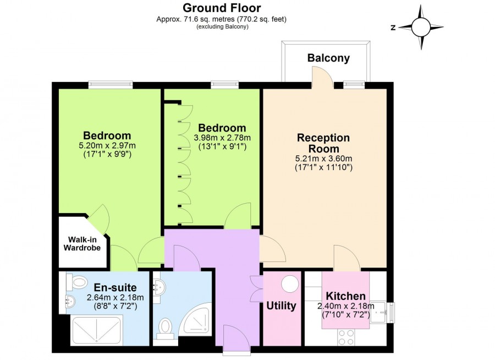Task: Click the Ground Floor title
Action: click(x=222, y=8)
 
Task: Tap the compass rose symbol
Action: click(x=421, y=27)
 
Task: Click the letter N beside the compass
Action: click(x=393, y=28)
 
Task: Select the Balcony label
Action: click(x=328, y=58)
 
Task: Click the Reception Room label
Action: click(x=323, y=143)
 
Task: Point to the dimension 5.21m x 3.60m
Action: click(x=323, y=159)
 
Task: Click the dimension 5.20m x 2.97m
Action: click(x=107, y=146)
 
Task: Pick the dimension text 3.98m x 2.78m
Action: click(x=222, y=138)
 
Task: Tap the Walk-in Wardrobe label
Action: click(x=82, y=244)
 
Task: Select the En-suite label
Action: click(x=116, y=288)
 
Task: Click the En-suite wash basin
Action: click(x=70, y=301)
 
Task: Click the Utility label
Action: click(x=281, y=306)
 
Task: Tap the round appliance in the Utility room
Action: click(x=290, y=283)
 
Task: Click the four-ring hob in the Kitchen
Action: click(x=346, y=337)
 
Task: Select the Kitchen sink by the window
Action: click(x=380, y=312)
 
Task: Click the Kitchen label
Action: click(x=346, y=296)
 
